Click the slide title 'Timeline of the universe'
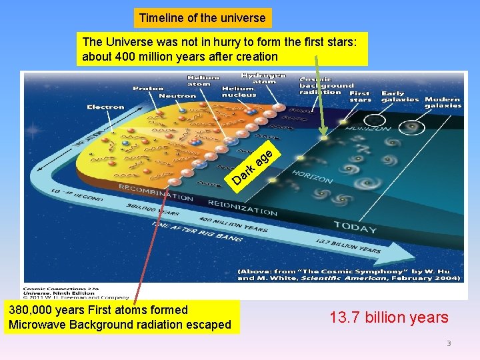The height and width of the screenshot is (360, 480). tap(202, 18)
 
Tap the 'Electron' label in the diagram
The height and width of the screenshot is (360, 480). tap(105, 107)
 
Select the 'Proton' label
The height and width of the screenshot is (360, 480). tap(148, 89)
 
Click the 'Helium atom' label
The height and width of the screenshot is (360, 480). tap(199, 81)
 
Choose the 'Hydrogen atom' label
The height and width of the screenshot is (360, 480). tap(263, 79)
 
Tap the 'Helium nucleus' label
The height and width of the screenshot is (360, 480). tap(238, 91)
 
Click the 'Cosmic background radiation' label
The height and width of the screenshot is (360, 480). tap(326, 85)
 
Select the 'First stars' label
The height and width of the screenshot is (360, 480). tap(359, 97)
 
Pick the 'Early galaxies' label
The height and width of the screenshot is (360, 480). tap(400, 97)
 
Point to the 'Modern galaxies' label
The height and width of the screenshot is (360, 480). tap(443, 103)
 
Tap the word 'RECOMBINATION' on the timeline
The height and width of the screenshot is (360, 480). tap(155, 193)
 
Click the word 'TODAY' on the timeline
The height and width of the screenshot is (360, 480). tap(355, 227)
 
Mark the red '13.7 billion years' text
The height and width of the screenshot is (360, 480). tap(389, 317)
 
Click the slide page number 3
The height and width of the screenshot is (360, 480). tap(449, 343)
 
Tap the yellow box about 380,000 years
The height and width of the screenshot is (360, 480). tap(120, 317)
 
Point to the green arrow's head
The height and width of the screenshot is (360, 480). tap(324, 135)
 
